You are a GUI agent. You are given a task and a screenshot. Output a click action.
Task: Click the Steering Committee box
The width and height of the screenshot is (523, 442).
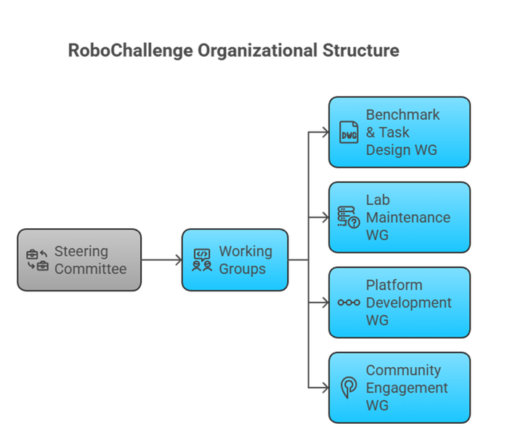pos(78,260)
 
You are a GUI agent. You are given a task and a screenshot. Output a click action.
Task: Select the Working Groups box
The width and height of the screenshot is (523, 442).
pos(235,260)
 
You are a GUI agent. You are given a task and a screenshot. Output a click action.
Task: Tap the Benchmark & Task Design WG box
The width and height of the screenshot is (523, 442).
pos(399,132)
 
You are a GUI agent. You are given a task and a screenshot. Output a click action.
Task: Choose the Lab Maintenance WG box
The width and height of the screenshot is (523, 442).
pos(399,217)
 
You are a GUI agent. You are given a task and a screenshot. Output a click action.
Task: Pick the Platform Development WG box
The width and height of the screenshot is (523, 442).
pos(399,302)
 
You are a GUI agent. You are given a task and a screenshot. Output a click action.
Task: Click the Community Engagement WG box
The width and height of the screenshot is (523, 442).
pos(399,387)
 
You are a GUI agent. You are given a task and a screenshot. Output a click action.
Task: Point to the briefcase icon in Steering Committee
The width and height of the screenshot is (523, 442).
pos(37,260)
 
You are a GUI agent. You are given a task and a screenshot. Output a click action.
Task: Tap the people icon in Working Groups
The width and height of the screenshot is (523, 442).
pos(202,260)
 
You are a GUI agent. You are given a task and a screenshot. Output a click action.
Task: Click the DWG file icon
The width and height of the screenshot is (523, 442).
pos(349,132)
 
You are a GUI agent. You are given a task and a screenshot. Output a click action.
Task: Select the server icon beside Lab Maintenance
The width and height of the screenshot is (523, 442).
pos(349,217)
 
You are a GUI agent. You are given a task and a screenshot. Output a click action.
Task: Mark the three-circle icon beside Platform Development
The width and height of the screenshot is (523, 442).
pos(349,302)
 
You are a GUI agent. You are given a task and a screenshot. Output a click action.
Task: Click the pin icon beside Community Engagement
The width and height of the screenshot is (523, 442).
pos(349,387)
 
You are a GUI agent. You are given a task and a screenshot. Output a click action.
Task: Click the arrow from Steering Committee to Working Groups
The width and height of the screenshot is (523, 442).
pos(161,260)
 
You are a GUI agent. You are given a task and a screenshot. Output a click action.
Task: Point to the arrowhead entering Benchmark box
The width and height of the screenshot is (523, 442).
pos(323,132)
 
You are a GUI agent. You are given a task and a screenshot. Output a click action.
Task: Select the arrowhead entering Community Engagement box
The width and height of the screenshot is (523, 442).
pos(323,387)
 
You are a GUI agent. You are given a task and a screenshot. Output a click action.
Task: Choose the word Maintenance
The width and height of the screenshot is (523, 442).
pos(408,217)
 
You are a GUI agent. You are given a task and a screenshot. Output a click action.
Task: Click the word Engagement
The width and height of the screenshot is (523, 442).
pos(407,387)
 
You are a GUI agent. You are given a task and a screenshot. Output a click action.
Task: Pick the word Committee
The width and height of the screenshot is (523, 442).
pos(90,269)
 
